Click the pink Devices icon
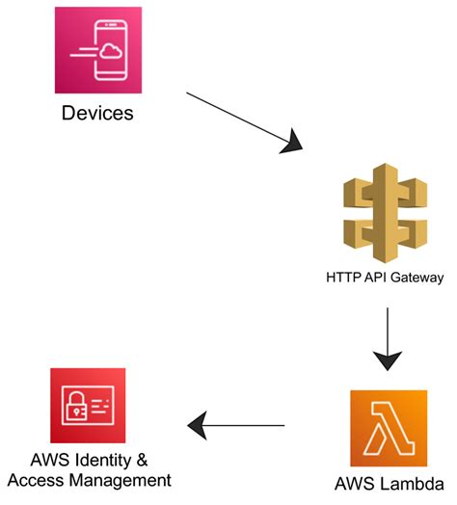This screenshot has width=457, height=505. (x=97, y=49)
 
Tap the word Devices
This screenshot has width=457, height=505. (x=97, y=114)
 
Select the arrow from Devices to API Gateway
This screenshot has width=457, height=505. (x=245, y=122)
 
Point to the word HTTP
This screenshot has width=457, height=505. (x=342, y=279)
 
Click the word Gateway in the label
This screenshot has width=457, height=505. (x=417, y=279)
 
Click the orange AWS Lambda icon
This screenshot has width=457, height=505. (x=388, y=428)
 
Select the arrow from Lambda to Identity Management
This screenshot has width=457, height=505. (x=236, y=423)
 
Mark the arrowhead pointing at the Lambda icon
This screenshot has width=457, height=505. (x=386, y=362)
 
